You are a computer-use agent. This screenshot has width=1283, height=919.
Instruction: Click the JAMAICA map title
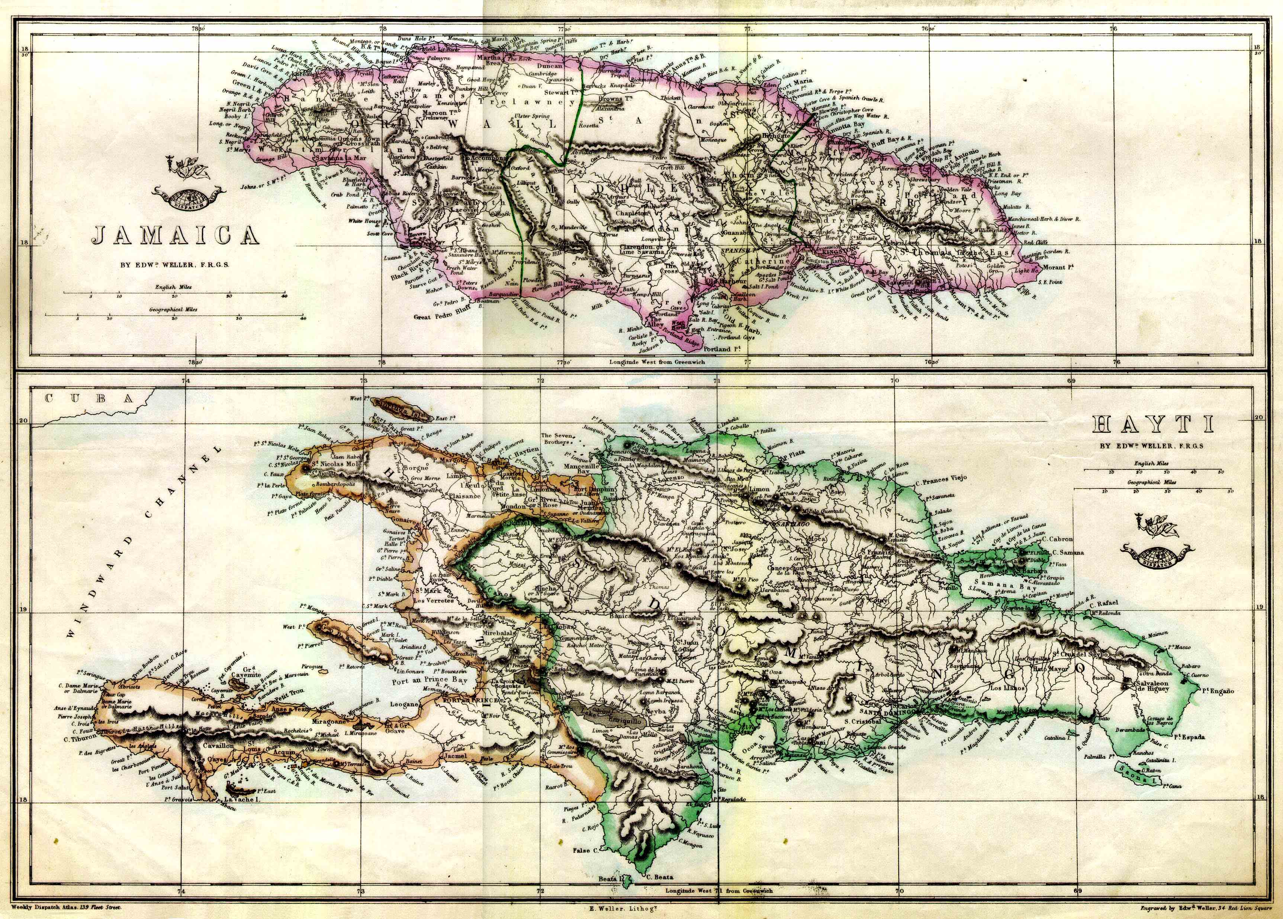pyautogui.click(x=176, y=235)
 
